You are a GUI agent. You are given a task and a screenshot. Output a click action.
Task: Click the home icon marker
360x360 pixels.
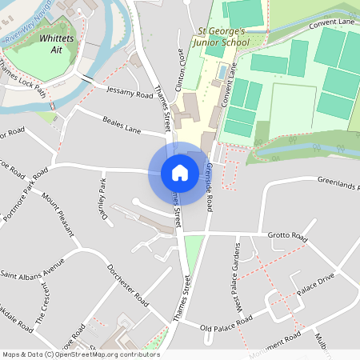[x=179, y=172]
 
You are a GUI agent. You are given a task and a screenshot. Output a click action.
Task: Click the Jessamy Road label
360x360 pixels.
[x=129, y=94]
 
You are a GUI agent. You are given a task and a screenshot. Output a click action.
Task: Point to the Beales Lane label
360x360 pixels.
[x=122, y=126]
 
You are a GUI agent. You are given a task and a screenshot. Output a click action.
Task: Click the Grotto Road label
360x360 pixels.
[x=288, y=238]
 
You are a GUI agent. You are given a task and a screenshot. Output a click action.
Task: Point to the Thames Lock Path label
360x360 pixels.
[x=23, y=78]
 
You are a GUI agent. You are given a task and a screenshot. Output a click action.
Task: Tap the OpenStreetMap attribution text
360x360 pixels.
[x=80, y=354]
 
